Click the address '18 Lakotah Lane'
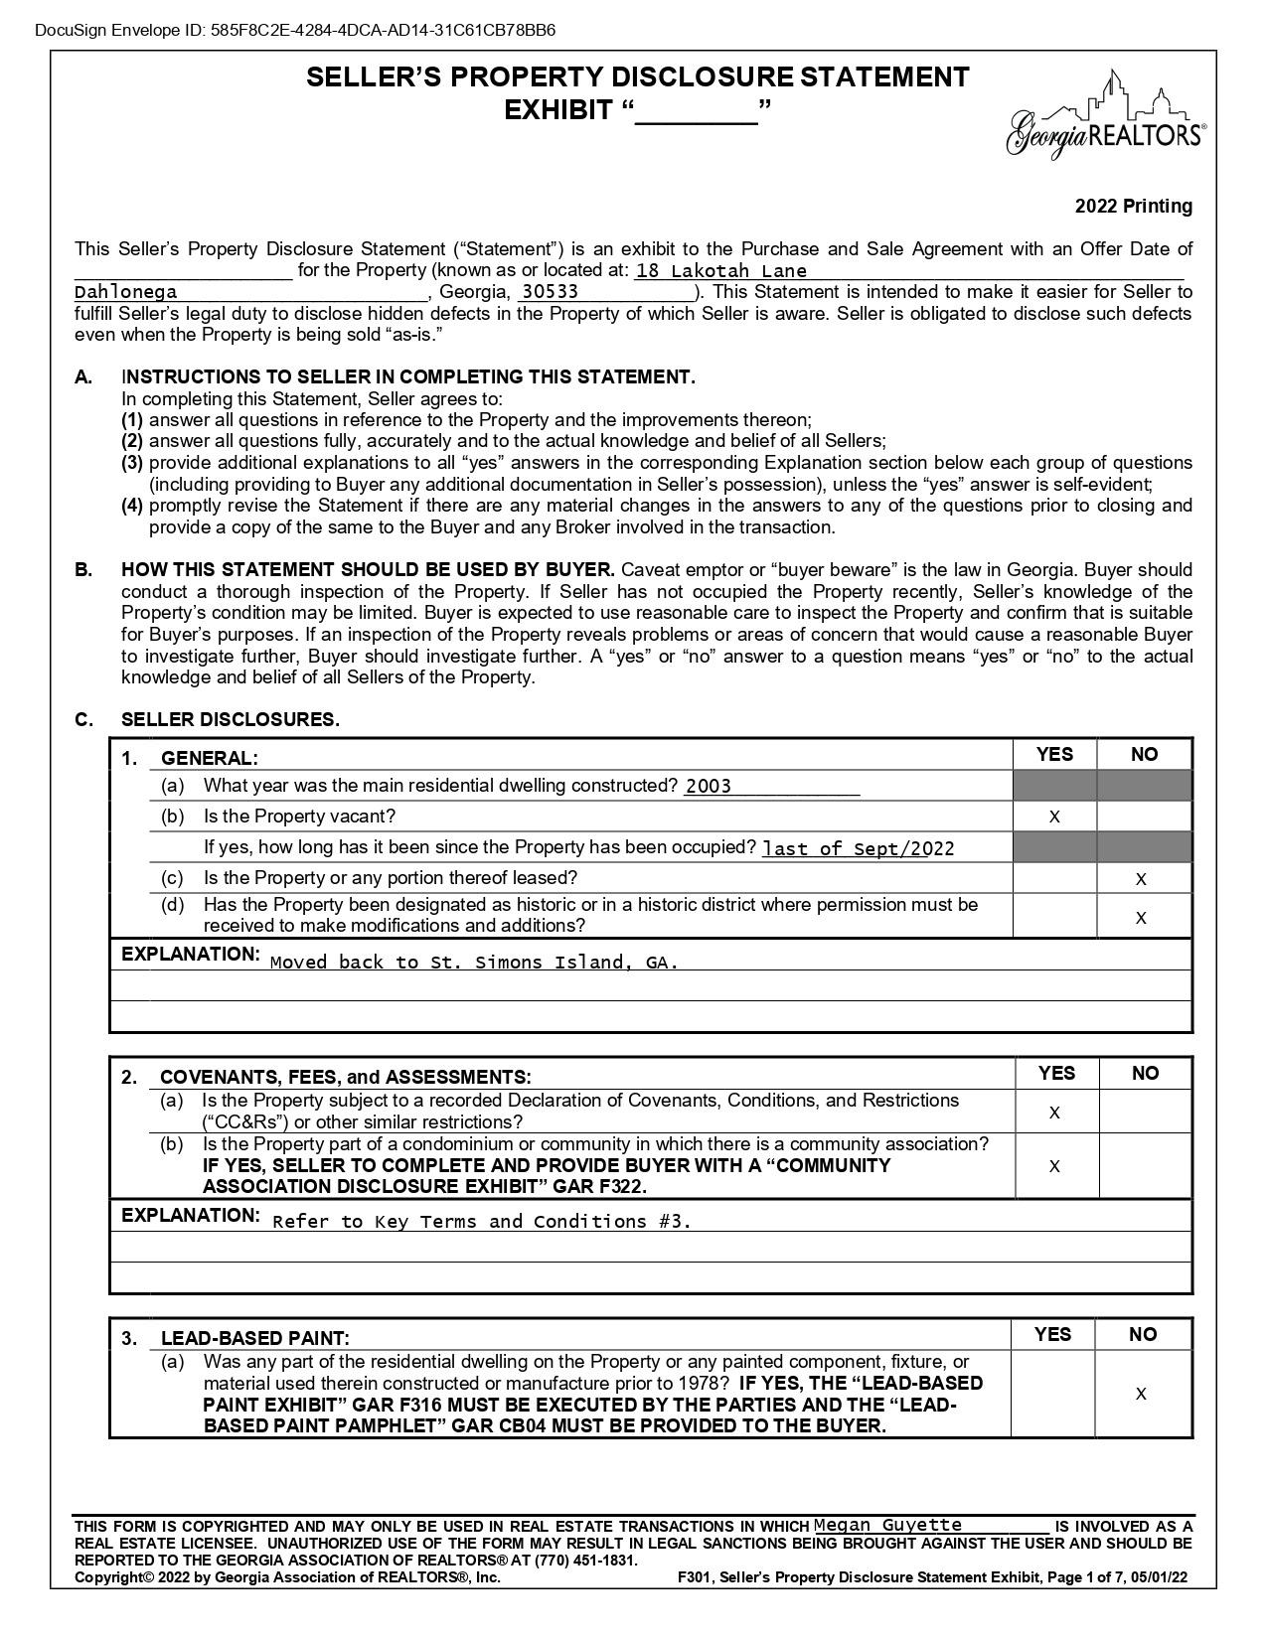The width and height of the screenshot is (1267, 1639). pos(720,271)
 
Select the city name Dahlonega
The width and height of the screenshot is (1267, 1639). pos(126,292)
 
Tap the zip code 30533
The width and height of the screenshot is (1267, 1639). pos(550,292)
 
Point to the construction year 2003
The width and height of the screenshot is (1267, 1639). pos(708,787)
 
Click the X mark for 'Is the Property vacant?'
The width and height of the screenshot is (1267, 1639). pos(1054,818)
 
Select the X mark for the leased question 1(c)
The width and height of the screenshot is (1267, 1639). pos(1141,879)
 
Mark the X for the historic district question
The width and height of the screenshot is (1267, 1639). pos(1141,918)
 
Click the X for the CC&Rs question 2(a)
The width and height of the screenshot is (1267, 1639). pos(1054,1114)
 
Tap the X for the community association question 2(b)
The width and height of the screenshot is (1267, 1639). pos(1054,1166)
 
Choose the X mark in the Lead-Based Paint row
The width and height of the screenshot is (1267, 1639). pos(1141,1395)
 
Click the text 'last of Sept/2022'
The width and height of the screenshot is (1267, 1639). pos(858,849)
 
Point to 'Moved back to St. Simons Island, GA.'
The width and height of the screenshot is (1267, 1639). pos(474,963)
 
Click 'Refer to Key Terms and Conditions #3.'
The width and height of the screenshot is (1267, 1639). pos(481,1222)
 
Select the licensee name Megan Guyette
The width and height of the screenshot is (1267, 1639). pos(887,1525)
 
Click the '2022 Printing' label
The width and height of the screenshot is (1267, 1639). pos(1133,207)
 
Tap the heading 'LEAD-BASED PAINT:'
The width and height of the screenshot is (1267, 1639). pos(254,1338)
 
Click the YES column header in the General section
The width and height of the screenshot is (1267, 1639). pos(1054,755)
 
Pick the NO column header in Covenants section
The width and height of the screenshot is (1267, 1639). pos(1145,1074)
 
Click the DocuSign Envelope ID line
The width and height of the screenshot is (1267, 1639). pos(295,30)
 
